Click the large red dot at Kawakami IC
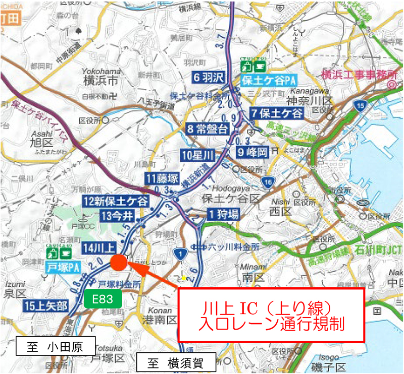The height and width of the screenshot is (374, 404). click(118, 262)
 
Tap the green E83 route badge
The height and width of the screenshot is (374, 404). click(103, 299)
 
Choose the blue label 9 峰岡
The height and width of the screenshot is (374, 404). click(251, 151)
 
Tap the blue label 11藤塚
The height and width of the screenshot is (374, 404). click(162, 178)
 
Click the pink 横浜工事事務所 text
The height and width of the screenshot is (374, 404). click(359, 75)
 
